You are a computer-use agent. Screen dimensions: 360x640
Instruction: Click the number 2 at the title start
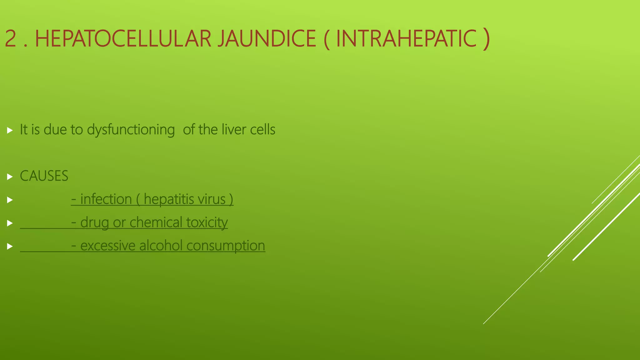(11, 39)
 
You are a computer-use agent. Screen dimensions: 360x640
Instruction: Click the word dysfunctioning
(131, 130)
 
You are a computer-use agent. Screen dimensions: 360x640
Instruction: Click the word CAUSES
(44, 176)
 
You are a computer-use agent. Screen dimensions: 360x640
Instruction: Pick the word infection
(106, 199)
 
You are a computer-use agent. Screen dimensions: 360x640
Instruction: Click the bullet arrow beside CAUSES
(10, 177)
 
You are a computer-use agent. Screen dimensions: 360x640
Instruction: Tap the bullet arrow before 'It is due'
(10, 130)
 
